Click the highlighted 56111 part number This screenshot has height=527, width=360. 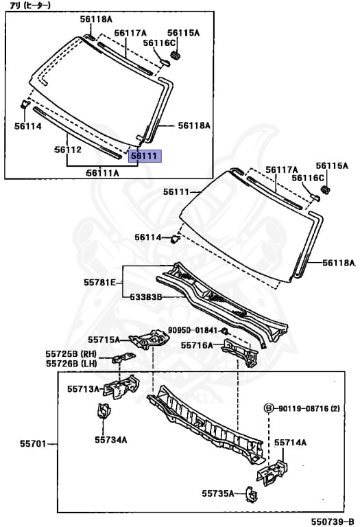click(x=145, y=156)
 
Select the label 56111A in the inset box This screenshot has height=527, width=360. click(x=102, y=173)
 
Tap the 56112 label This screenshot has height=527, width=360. click(x=68, y=150)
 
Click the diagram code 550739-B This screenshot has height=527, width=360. click(x=333, y=522)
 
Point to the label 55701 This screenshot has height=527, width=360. click(x=33, y=444)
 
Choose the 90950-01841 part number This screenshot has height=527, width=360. click(x=193, y=330)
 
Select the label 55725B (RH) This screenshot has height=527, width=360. click(x=71, y=354)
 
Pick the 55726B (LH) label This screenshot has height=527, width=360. click(x=71, y=363)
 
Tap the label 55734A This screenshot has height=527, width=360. click(x=111, y=440)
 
